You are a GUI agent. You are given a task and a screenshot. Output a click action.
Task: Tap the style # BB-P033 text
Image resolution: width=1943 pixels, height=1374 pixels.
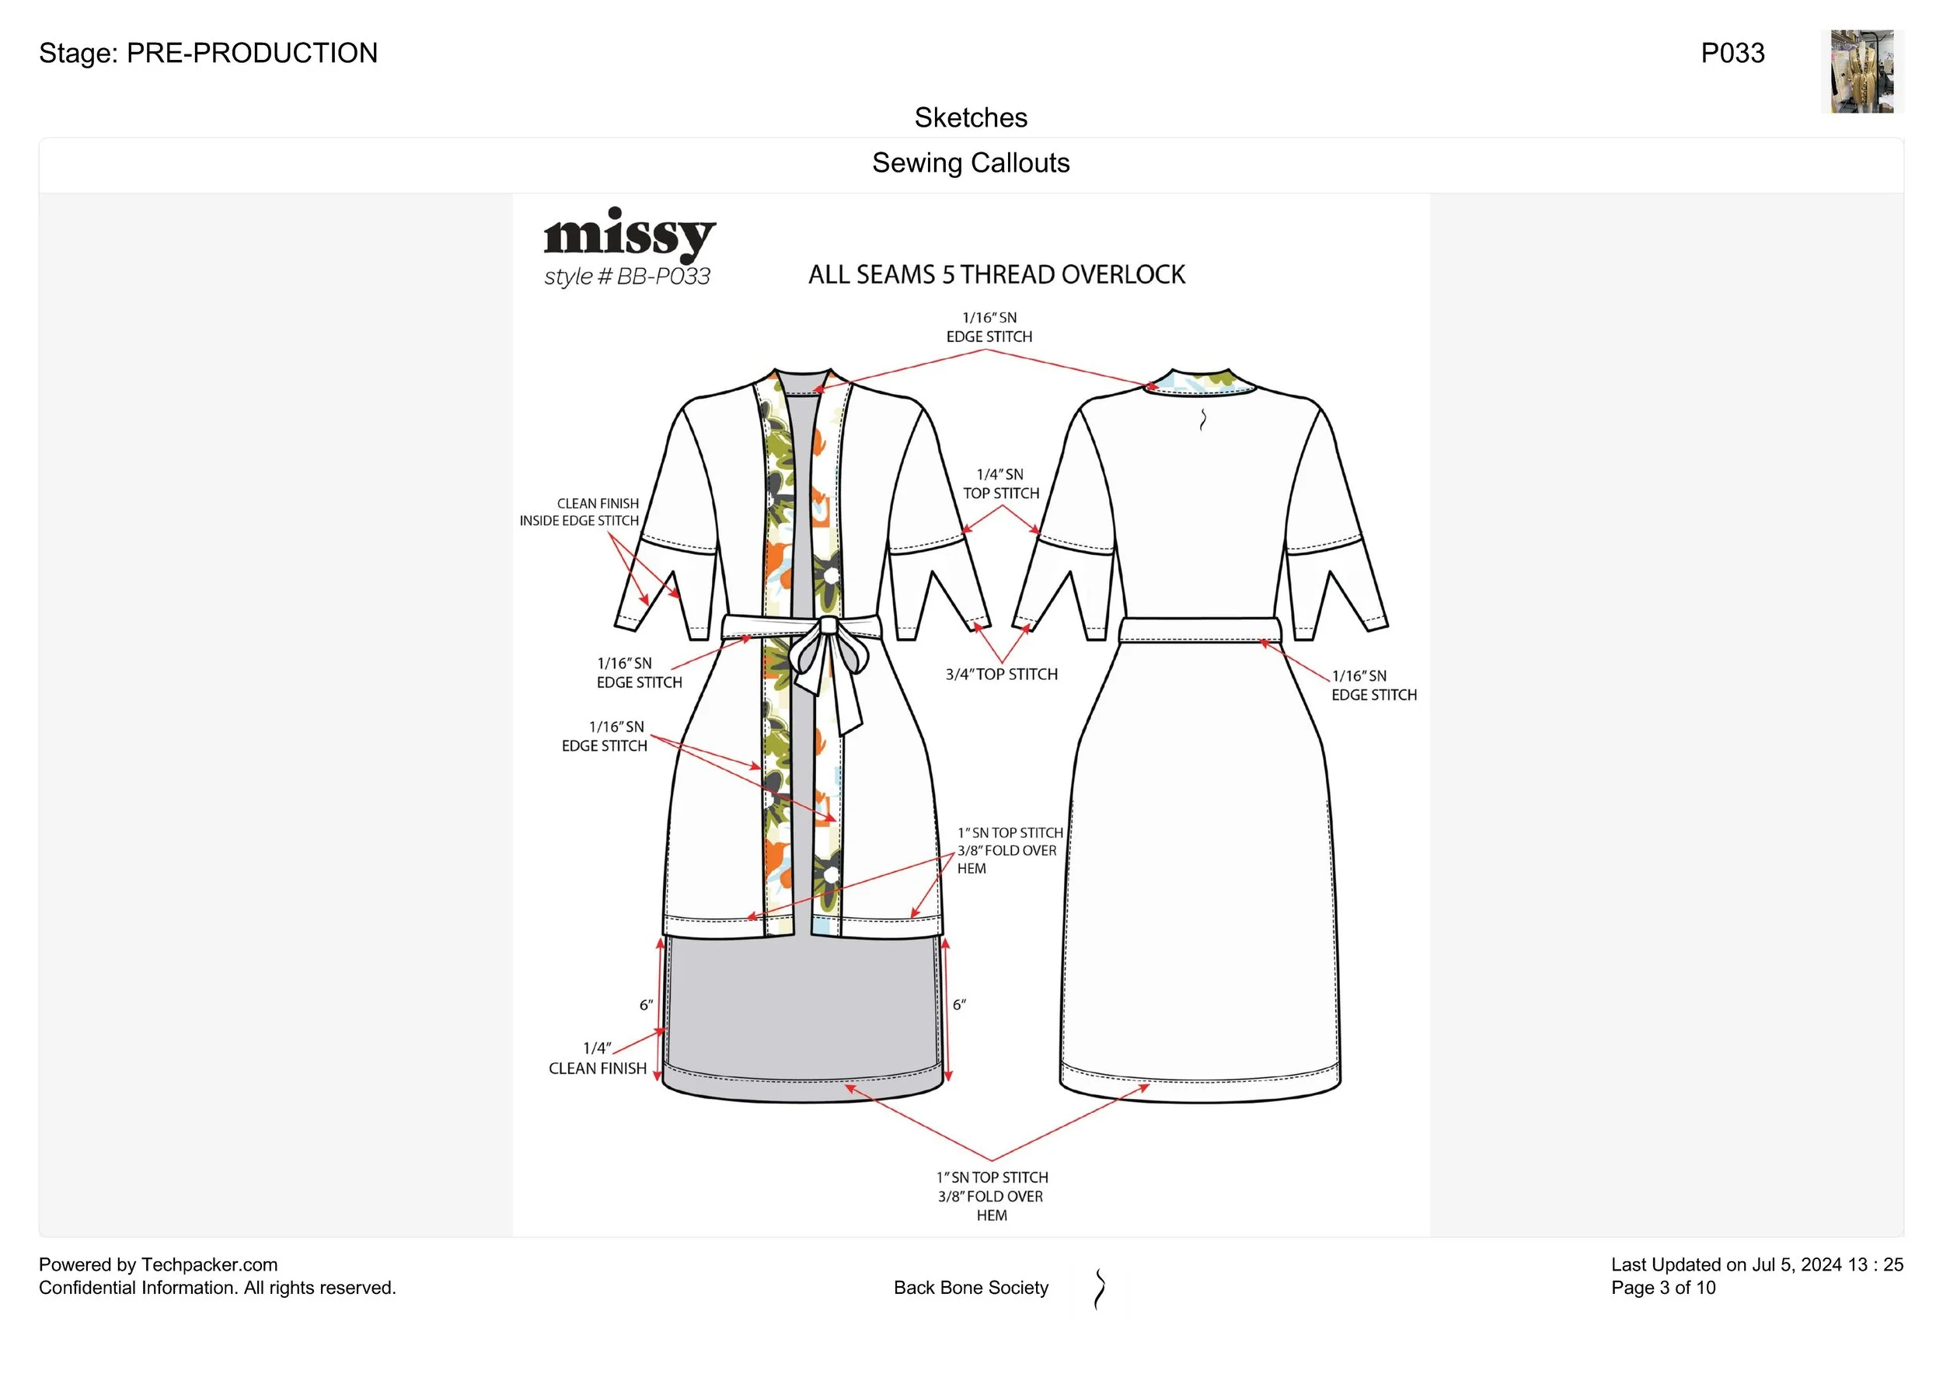pos(627,277)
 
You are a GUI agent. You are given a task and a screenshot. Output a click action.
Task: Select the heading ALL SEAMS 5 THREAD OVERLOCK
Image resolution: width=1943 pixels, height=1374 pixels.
pos(996,275)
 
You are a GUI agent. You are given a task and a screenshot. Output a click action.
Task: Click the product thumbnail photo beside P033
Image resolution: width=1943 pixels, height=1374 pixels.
pos(1861,72)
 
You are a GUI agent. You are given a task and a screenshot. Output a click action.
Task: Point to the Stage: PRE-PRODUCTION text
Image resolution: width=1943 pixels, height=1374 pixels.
pos(208,54)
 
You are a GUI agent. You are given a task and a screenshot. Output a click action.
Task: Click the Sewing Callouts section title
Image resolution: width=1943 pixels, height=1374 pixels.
pos(971,162)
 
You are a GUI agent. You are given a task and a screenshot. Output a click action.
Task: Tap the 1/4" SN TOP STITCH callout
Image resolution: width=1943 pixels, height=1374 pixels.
pos(1000,484)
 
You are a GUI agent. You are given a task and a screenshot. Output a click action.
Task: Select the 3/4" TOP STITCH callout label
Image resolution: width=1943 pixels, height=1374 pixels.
pos(1001,675)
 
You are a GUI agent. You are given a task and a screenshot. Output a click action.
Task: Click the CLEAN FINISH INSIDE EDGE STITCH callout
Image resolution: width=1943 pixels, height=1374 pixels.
pos(580,512)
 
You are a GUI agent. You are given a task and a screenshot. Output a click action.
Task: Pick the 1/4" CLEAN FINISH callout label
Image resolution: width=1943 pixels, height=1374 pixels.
pos(598,1058)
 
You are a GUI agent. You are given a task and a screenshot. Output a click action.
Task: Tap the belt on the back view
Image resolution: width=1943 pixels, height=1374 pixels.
pos(1200,630)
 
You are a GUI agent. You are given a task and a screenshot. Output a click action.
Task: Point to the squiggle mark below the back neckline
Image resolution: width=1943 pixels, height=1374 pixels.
pos(1202,419)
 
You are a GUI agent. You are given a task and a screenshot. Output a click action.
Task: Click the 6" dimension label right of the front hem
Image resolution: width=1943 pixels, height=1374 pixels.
pos(959,1005)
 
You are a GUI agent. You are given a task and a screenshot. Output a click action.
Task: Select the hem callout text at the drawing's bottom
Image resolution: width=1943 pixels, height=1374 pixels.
pos(991,1196)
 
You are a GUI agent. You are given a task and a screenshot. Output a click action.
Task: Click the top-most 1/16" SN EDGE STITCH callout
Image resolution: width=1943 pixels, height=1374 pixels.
pos(989,327)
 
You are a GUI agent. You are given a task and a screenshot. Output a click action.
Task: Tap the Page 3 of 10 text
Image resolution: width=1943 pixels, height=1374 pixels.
pos(1663,1288)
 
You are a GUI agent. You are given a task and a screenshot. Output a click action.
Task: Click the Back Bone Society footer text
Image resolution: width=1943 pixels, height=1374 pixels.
pos(971,1288)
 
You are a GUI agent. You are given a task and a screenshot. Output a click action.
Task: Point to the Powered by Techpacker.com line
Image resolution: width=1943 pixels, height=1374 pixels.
pos(159,1265)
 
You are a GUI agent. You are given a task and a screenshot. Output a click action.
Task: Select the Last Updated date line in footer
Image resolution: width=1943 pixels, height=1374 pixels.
pos(1756,1265)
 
